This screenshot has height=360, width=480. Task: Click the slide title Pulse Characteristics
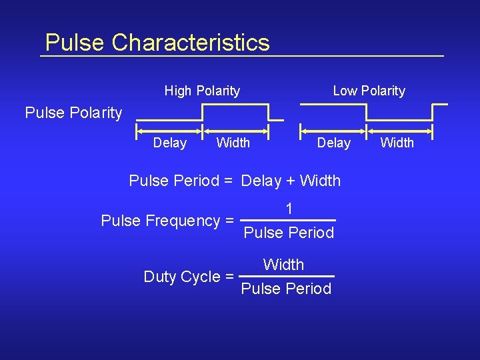(157, 43)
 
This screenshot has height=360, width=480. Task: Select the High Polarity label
(202, 91)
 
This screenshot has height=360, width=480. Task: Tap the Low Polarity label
(369, 91)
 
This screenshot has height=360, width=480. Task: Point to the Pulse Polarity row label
(73, 113)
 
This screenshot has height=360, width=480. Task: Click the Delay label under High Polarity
(170, 143)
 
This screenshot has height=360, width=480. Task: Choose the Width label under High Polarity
(233, 143)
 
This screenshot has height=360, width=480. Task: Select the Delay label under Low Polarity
(333, 143)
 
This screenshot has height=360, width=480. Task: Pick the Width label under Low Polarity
(397, 143)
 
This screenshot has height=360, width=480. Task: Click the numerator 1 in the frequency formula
(289, 209)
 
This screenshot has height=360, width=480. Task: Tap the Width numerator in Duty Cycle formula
(283, 265)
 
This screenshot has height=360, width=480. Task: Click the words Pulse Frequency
(161, 221)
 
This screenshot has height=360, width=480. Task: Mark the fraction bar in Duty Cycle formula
(286, 276)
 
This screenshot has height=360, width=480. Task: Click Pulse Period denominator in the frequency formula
(289, 233)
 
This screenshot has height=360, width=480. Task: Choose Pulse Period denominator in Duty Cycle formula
(286, 289)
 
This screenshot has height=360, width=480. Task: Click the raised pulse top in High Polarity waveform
(235, 105)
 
